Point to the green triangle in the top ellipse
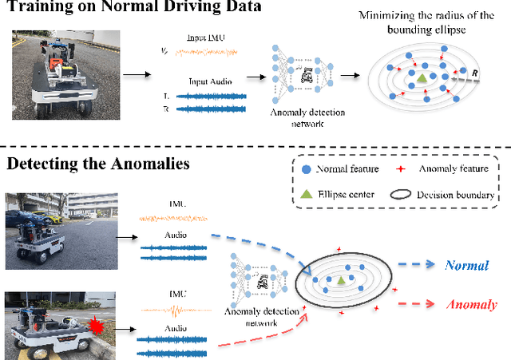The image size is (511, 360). tap(421, 77)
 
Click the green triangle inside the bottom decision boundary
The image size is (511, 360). tap(341, 279)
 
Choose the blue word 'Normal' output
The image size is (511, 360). tap(466, 265)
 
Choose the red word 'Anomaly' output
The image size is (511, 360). tap(470, 304)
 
